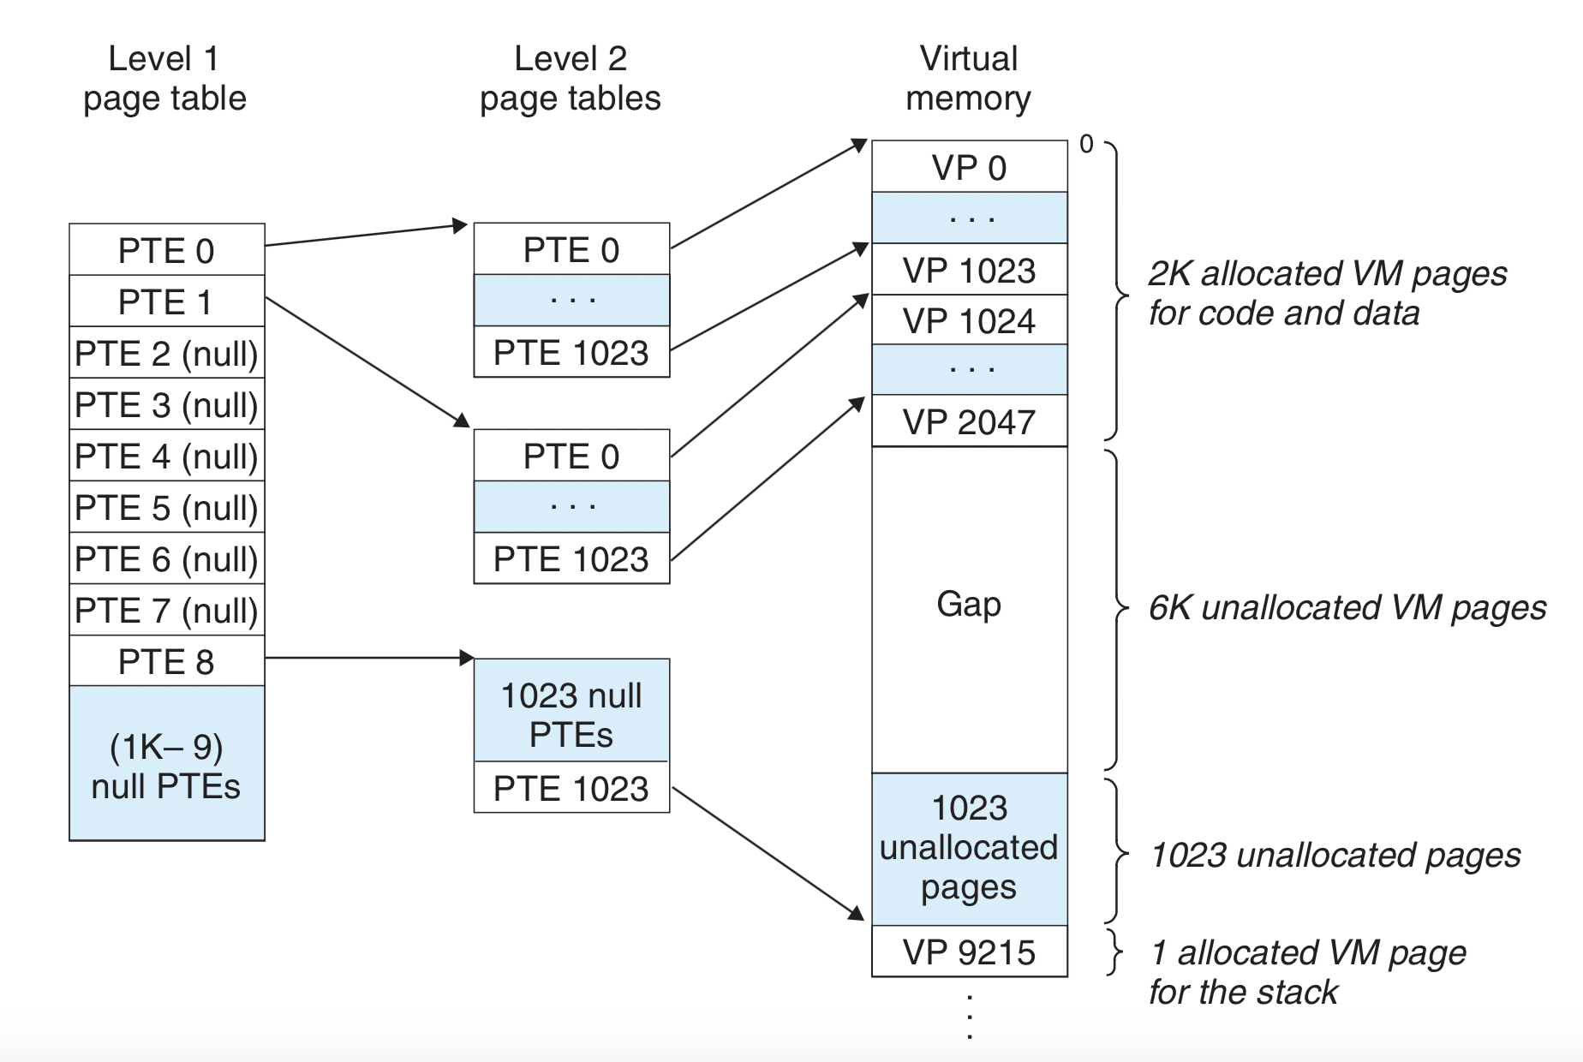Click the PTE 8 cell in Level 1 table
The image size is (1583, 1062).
[167, 660]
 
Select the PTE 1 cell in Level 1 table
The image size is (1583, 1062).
[167, 301]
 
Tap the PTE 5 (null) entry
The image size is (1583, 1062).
[167, 507]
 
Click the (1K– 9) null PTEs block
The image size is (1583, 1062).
[167, 763]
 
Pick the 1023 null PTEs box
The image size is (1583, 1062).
[571, 710]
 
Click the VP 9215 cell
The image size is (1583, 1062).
[970, 951]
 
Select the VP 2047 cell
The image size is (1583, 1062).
[970, 421]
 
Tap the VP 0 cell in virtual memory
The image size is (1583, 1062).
[970, 166]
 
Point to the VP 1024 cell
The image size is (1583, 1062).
[970, 319]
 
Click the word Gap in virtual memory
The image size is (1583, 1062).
[969, 605]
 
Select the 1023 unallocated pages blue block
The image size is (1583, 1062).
[970, 849]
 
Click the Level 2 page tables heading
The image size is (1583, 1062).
[570, 78]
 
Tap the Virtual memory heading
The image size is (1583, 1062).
[969, 78]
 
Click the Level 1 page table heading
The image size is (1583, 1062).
[164, 78]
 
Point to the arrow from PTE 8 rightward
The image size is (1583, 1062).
[369, 658]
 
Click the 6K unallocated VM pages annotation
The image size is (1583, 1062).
[1347, 608]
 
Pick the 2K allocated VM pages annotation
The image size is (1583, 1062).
[1328, 293]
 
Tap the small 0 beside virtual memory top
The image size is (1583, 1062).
[1086, 144]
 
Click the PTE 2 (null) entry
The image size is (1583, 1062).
[167, 353]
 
